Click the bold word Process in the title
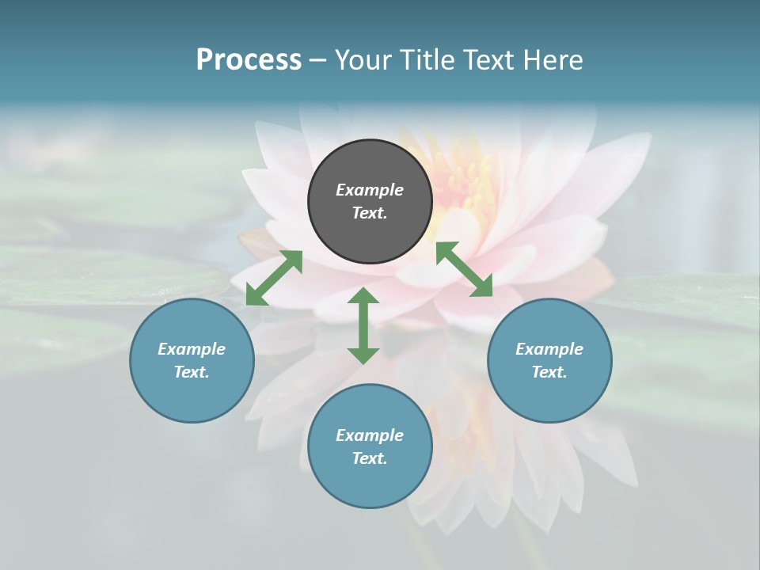pos(249,60)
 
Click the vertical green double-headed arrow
pos(363,325)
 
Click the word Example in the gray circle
pos(370,190)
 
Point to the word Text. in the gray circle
pos(370,213)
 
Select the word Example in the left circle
pos(192,349)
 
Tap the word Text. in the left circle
pos(192,372)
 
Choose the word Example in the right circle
pos(549,349)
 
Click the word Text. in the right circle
pos(549,372)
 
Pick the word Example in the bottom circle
pos(370,435)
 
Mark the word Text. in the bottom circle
pos(370,458)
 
